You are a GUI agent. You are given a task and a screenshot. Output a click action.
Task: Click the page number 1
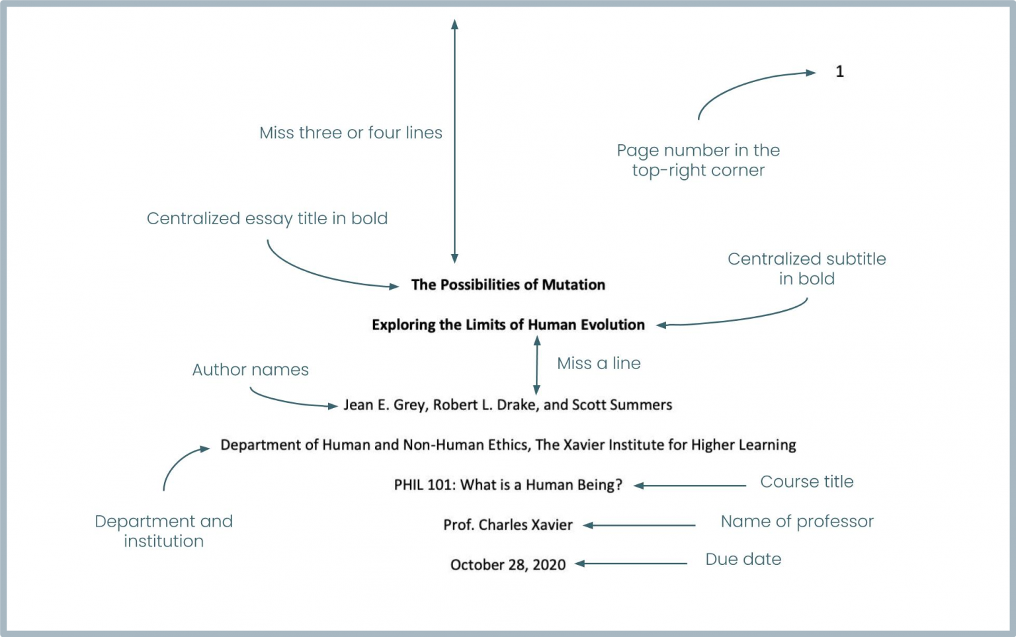[839, 71]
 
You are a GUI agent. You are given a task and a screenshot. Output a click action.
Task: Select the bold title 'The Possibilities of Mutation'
[508, 285]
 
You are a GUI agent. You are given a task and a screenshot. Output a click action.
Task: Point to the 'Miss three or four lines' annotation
[351, 133]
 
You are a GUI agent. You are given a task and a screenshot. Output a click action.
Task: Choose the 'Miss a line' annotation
[599, 363]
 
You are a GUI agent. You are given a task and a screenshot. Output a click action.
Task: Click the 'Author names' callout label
[250, 370]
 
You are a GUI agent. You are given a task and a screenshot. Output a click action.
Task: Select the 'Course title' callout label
[806, 482]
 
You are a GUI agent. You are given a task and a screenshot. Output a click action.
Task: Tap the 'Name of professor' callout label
[796, 521]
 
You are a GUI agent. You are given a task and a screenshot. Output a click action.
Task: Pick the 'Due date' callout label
[743, 559]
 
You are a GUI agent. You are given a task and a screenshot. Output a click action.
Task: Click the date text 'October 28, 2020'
[508, 565]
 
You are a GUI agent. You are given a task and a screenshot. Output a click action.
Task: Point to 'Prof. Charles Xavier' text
[508, 525]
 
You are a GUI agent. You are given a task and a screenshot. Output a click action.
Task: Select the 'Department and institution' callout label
[163, 531]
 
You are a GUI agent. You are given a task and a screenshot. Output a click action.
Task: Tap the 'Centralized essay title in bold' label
[267, 218]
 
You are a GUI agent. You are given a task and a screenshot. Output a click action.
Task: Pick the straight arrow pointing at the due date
[631, 564]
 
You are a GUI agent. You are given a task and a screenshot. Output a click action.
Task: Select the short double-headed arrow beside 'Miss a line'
[536, 365]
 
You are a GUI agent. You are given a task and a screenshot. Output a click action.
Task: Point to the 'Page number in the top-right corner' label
[698, 160]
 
